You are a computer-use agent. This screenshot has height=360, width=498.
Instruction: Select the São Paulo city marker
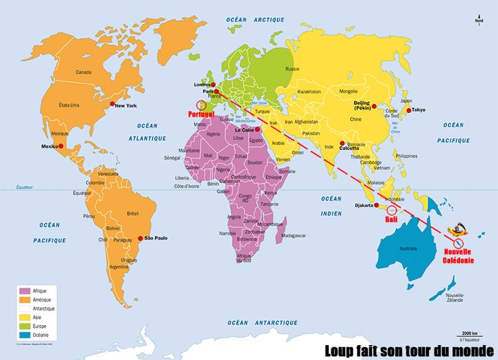pos(141,238)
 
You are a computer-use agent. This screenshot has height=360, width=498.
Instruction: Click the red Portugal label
pos(202,114)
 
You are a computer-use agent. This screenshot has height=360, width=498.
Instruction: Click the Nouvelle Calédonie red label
pos(459,256)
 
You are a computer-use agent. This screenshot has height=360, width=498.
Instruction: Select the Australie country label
pos(409,248)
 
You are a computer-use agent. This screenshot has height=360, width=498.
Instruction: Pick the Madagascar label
pos(292,235)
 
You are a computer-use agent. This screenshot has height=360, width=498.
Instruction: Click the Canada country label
pos(83,72)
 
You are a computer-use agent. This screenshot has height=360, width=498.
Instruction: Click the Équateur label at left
pos(26,187)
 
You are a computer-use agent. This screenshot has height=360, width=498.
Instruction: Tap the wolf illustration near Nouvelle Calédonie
pos(459,230)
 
